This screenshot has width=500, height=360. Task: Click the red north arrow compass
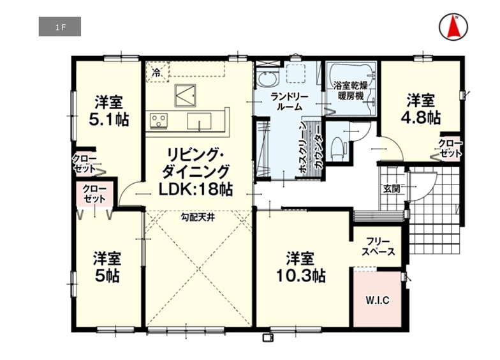coord(453,27)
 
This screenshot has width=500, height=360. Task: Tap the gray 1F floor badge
coord(60,27)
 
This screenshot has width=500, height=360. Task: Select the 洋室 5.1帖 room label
coord(108,111)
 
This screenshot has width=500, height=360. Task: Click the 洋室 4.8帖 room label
coord(421,109)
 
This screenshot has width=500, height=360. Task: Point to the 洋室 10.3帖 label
coord(300,267)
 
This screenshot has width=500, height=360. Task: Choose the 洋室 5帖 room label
coord(107,267)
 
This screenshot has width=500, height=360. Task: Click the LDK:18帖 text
coord(196,190)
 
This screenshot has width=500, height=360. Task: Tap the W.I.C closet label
coord(378,300)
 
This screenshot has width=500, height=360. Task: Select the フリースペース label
coord(379,246)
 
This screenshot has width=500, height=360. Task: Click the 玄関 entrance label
coord(392,188)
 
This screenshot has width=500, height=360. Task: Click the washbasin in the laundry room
coord(268,79)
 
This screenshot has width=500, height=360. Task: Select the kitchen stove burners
coord(158,121)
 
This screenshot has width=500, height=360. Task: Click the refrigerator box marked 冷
coord(157,73)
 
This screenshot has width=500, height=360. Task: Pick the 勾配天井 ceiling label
coord(198,218)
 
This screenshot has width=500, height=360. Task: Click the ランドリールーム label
coord(290,102)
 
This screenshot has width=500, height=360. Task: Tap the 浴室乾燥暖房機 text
coord(351,91)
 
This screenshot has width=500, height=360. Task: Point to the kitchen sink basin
coord(199,121)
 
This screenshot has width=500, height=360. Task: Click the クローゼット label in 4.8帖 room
coord(450,148)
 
